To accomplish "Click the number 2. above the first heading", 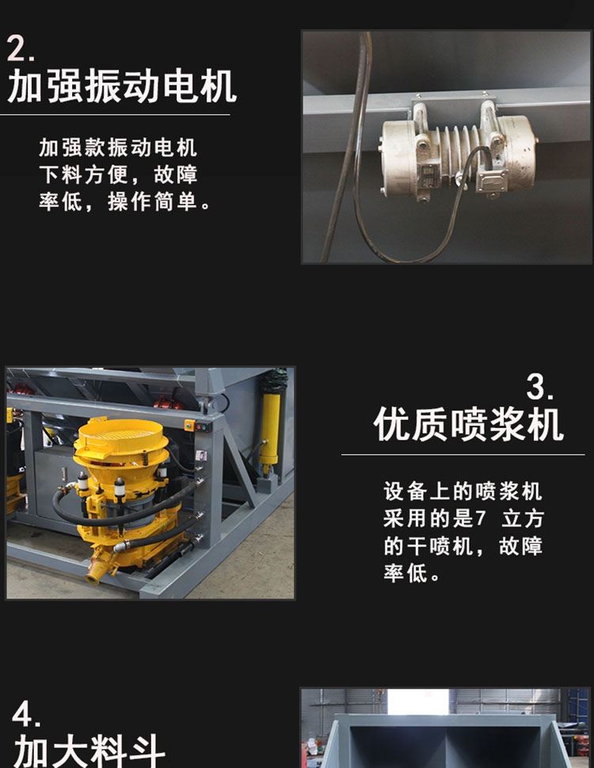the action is (21, 48).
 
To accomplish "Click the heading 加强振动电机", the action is (122, 86).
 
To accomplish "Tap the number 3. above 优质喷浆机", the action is (539, 387).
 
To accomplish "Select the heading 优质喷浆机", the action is (468, 424).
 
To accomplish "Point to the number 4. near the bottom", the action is (26, 713).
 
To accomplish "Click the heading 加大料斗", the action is (89, 751).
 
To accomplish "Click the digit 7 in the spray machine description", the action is (480, 518).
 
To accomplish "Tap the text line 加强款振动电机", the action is (118, 147).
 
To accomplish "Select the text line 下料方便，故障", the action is (118, 174).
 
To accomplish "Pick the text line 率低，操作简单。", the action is (124, 201).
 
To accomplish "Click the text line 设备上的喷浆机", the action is (463, 491).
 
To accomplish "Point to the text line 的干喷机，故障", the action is (463, 545).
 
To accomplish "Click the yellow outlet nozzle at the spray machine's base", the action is (98, 568).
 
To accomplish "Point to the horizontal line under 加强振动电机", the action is (115, 115).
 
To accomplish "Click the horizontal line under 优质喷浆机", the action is (463, 454).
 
